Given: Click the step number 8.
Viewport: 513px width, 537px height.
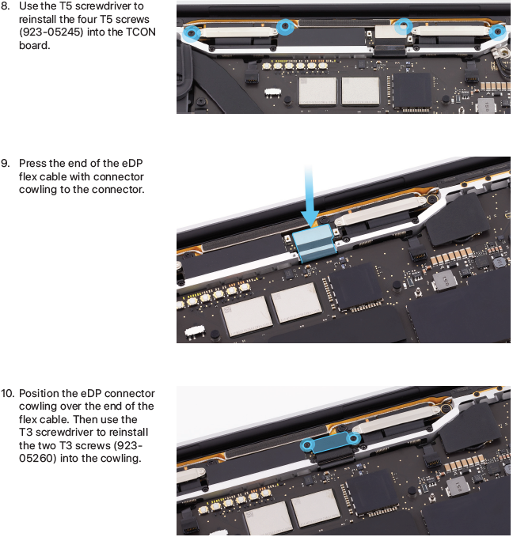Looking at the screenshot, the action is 5,6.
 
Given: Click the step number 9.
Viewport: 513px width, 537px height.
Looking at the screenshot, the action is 5,164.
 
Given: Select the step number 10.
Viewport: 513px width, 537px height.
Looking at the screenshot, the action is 7,394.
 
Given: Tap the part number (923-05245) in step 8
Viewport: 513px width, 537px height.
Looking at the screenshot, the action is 51,32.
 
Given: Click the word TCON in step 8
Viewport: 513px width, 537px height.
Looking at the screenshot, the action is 141,32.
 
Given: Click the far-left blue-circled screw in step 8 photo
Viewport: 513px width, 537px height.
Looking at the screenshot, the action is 192,33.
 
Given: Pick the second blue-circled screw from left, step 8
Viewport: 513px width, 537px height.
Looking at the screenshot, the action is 285,26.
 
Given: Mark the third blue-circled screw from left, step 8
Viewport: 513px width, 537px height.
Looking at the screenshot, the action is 404,26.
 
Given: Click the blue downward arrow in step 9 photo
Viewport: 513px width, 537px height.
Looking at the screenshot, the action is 310,195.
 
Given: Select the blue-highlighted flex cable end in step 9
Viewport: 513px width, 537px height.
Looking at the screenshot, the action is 314,244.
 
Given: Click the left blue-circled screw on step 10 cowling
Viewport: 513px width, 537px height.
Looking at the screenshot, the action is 308,445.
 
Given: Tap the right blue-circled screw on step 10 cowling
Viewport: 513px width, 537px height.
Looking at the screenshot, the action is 353,438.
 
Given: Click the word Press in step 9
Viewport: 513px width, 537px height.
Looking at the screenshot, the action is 32,164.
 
